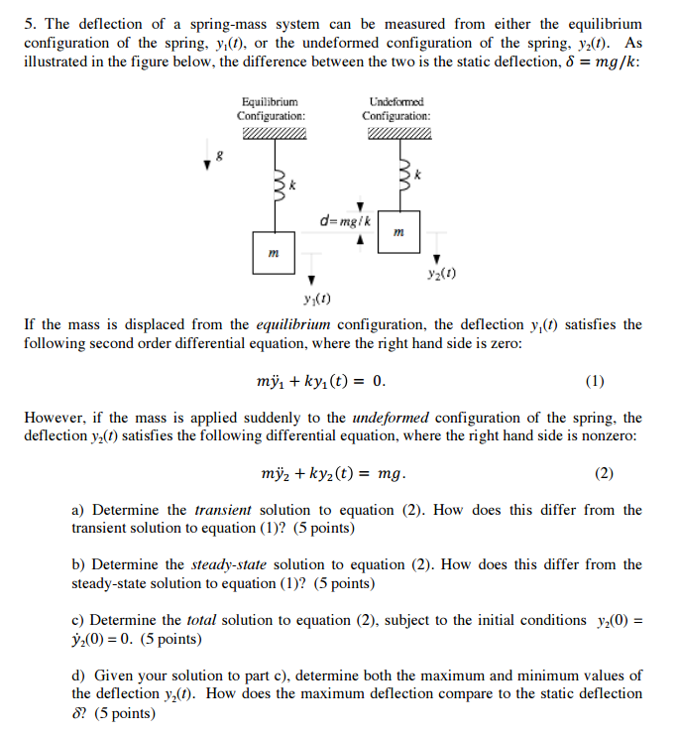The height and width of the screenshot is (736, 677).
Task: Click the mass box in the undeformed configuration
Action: coord(397,233)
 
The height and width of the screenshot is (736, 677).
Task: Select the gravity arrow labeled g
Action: coord(207,159)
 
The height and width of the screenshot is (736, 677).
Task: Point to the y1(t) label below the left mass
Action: coord(316,298)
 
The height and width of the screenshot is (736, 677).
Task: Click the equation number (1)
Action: coord(595,381)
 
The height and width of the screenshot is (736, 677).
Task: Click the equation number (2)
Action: coord(604,473)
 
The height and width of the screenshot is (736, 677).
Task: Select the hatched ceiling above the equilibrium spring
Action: coord(272,135)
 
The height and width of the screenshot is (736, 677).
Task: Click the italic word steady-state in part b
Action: coord(236,564)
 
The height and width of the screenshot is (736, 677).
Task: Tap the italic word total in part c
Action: coord(201,620)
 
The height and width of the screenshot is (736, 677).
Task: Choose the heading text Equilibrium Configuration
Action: coord(271,109)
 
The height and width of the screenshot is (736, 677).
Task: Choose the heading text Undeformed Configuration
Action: coord(395,109)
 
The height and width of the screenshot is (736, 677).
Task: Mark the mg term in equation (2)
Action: coord(391,474)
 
